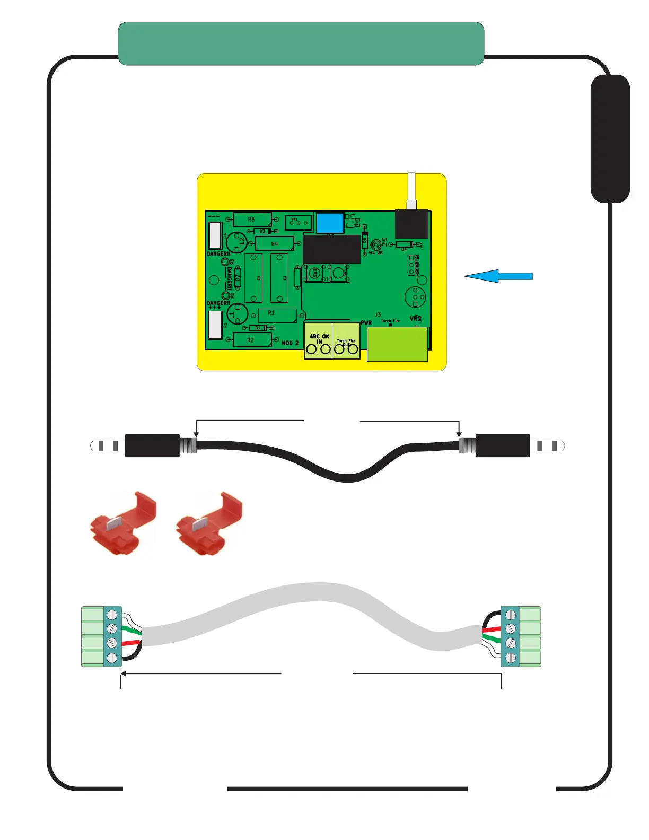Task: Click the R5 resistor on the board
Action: click(252, 219)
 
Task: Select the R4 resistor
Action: click(274, 244)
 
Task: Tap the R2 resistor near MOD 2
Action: click(251, 340)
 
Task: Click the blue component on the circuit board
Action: click(330, 223)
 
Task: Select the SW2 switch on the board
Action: click(315, 273)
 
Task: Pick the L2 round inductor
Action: click(237, 242)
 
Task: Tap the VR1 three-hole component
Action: click(298, 223)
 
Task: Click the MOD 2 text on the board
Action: click(290, 343)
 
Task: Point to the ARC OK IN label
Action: click(319, 339)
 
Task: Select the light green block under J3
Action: click(397, 344)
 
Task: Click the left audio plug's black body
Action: click(152, 445)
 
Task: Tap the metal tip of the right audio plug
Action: click(561, 445)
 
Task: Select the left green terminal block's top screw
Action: click(112, 615)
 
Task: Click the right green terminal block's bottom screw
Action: click(511, 658)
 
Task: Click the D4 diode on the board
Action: click(404, 244)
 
